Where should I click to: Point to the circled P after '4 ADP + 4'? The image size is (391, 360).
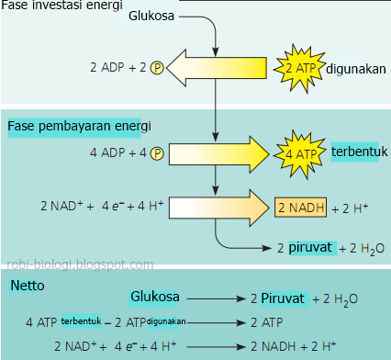coord(157,152)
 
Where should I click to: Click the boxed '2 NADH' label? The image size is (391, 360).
coord(299,207)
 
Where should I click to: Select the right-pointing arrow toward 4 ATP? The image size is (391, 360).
coord(217,152)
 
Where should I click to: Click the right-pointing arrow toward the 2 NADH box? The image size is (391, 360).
coord(217,207)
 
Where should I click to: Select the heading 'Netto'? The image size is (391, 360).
coord(27,286)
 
